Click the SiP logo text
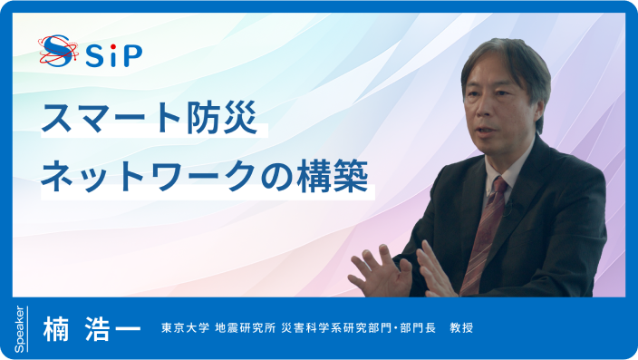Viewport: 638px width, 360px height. coord(114,55)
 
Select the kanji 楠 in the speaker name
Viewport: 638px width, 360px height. coord(57,328)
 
